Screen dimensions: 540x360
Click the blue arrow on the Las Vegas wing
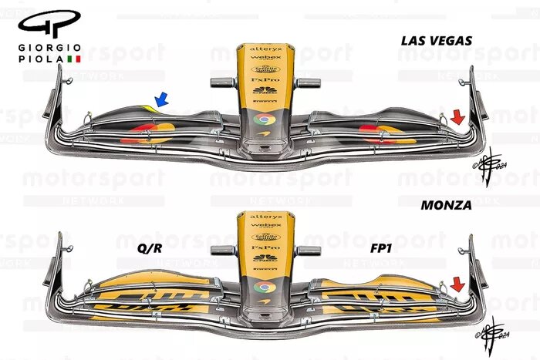coord(162,98)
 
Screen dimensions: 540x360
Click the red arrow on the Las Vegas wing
coord(457,116)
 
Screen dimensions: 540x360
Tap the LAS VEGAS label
coord(437,40)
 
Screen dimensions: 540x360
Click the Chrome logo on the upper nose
coord(263,119)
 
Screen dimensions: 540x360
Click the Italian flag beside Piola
coord(75,59)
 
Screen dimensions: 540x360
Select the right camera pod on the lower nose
coord(308,248)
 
